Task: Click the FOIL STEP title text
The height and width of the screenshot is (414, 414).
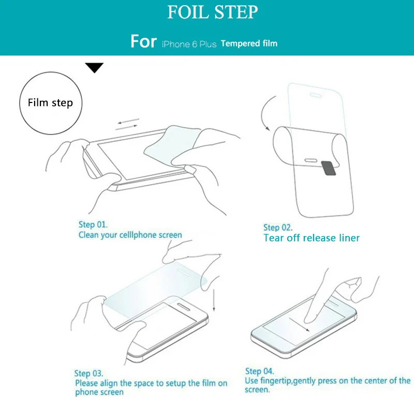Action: click(x=213, y=12)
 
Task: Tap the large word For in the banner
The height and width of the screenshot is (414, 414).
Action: click(x=144, y=41)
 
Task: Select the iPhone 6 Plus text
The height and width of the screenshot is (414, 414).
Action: click(x=189, y=44)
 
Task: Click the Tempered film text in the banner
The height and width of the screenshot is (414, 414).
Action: click(x=249, y=43)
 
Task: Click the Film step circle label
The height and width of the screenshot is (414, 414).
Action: click(x=50, y=103)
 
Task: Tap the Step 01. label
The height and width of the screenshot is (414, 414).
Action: click(x=93, y=225)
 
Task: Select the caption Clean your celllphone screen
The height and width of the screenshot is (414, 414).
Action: click(x=130, y=235)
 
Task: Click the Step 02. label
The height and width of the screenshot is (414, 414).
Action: click(x=278, y=228)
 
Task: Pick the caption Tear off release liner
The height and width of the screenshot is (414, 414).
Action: click(x=312, y=238)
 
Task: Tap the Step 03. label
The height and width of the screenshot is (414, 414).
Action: click(x=88, y=373)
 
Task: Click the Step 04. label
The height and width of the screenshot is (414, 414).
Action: click(x=260, y=371)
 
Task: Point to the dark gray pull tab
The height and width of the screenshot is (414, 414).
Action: click(x=329, y=168)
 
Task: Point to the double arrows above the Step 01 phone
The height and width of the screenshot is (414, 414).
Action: click(x=128, y=124)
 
